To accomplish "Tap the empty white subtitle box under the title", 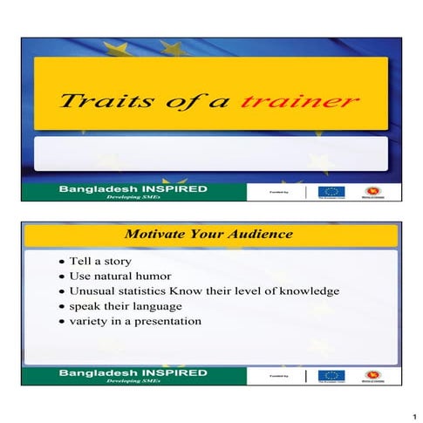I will [210, 154].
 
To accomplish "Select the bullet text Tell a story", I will [99, 261].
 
